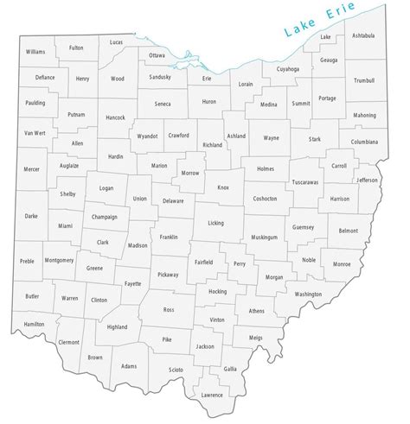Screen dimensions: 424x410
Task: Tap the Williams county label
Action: pyautogui.click(x=35, y=53)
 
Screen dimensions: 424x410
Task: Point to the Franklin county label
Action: pyautogui.click(x=169, y=236)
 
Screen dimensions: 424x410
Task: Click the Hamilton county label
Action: pyautogui.click(x=35, y=324)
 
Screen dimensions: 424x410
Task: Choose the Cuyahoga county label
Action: pyautogui.click(x=288, y=68)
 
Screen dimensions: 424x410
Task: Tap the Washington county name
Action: pyautogui.click(x=308, y=294)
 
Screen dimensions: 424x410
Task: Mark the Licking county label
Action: pyautogui.click(x=215, y=223)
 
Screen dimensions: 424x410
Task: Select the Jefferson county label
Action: pyautogui.click(x=368, y=180)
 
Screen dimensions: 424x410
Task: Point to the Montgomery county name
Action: pyautogui.click(x=59, y=260)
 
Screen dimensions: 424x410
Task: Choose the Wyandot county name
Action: pyautogui.click(x=148, y=136)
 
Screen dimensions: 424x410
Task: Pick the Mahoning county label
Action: pyautogui.click(x=365, y=115)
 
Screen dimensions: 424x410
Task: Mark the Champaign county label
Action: pyautogui.click(x=104, y=218)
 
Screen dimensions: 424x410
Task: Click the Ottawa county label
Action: pyautogui.click(x=157, y=55)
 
